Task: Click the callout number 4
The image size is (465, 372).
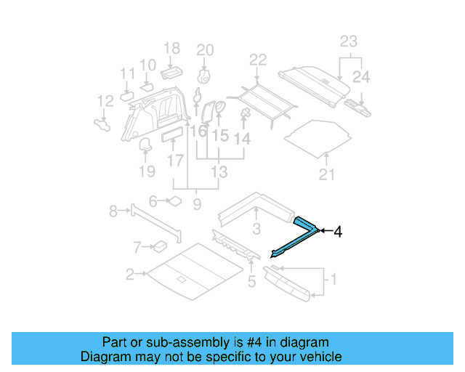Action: coord(337,232)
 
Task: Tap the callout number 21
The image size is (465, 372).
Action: coord(327,174)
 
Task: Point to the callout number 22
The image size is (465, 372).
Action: coord(258,60)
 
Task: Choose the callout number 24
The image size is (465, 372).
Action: coord(360,75)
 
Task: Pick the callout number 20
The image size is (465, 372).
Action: coord(206,49)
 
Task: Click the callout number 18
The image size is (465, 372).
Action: coord(171,49)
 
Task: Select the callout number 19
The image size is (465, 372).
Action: coord(147,172)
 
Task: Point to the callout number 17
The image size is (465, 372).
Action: coord(174,159)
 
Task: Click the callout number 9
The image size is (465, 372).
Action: coord(197,206)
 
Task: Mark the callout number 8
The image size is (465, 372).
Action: coord(113,211)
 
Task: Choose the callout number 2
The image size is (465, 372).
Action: coord(129,275)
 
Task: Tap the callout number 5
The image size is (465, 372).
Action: coord(251,281)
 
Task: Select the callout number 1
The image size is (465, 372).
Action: coord(333,278)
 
